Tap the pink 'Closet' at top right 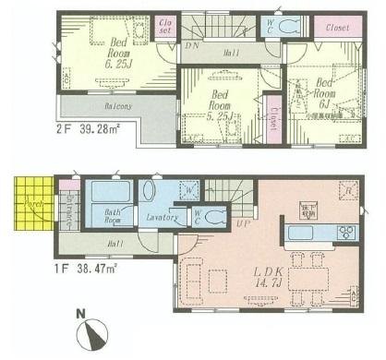[x=337, y=28]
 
